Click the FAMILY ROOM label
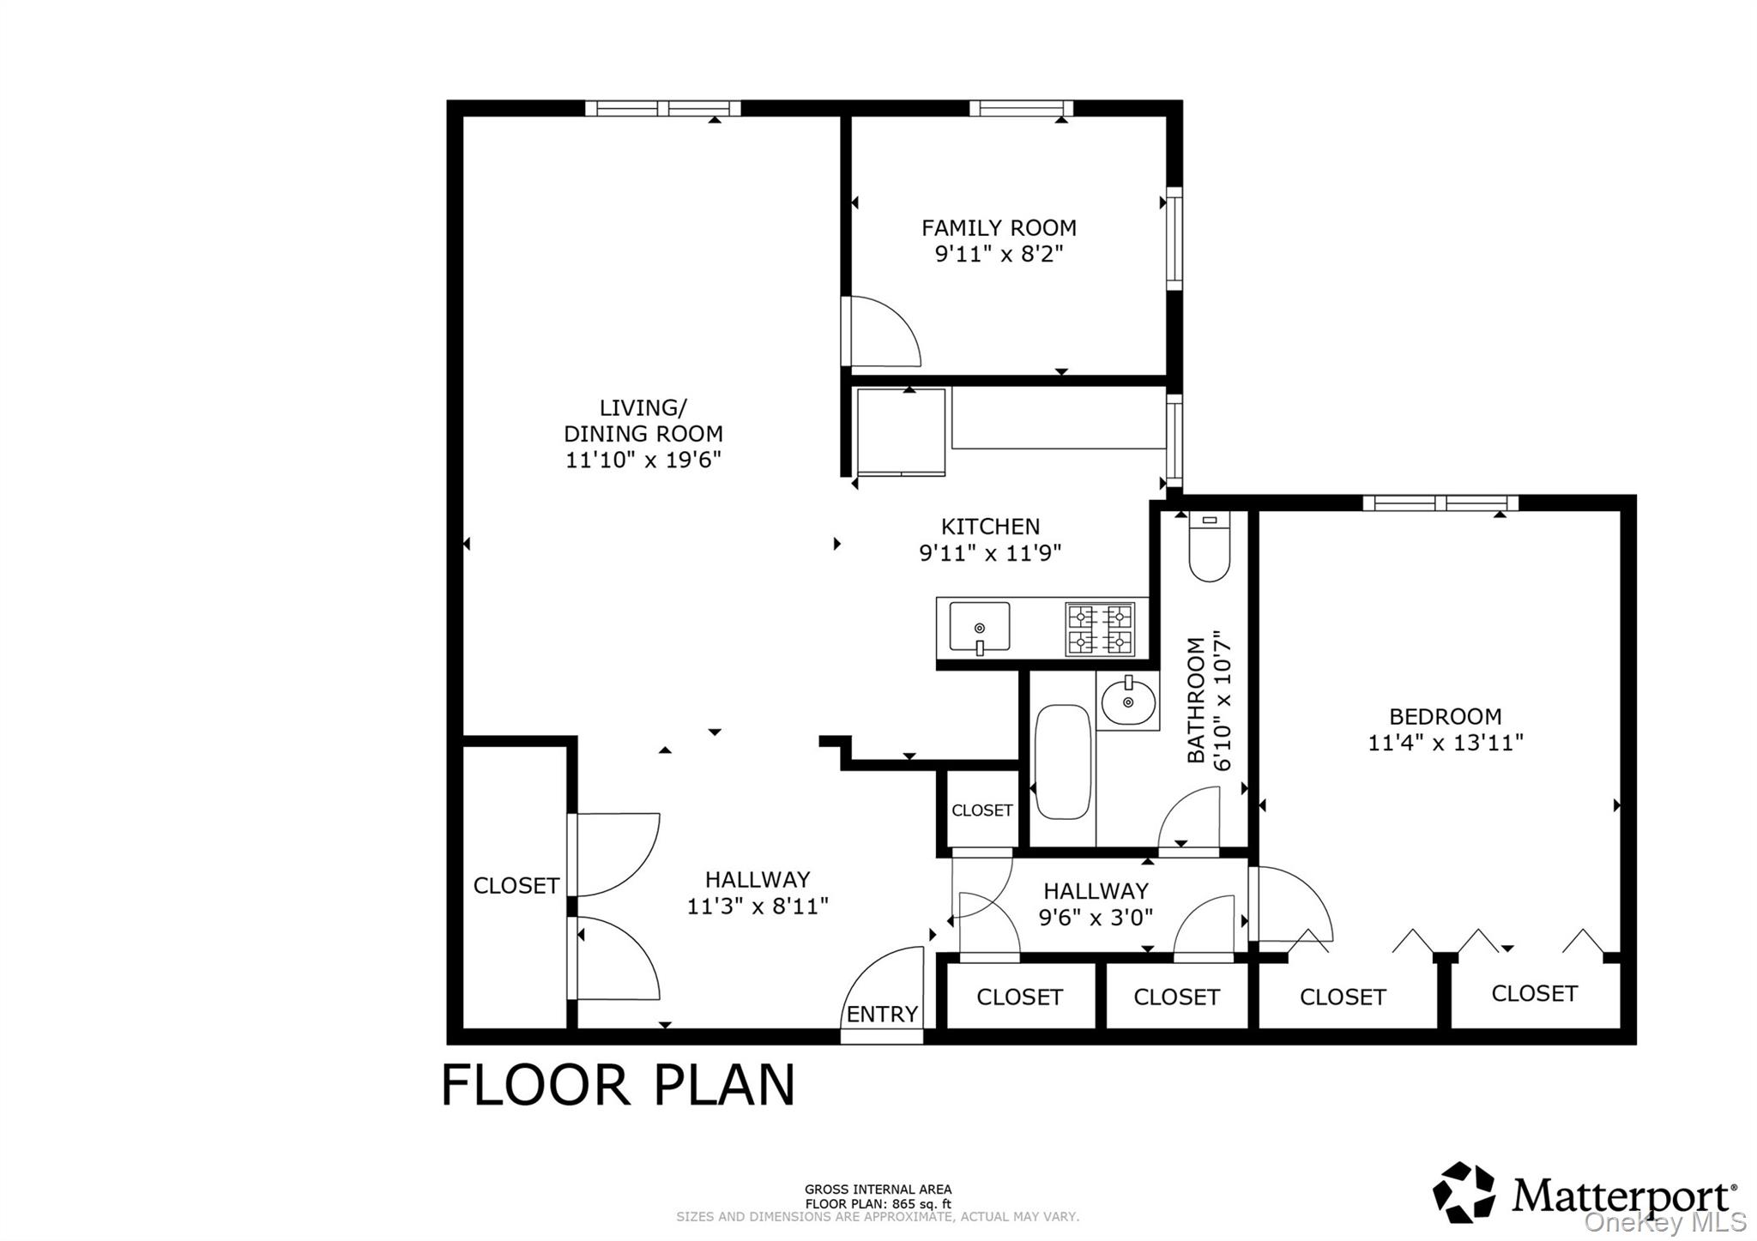pos(999,228)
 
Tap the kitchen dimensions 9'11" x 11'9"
pos(990,553)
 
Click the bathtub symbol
pos(1063,762)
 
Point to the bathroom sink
pos(1128,702)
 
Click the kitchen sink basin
pos(979,627)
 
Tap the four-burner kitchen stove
pos(1100,629)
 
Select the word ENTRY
pos(882,1015)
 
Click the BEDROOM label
pos(1445,716)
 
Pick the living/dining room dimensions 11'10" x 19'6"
pos(643,461)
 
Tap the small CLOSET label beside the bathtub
pos(981,810)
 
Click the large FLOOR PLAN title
pos(618,1086)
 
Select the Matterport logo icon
pos(1464,1192)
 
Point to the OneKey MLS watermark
pos(1664,1221)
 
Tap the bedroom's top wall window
pos(1440,503)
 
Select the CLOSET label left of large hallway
pos(516,886)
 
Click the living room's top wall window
pos(662,108)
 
